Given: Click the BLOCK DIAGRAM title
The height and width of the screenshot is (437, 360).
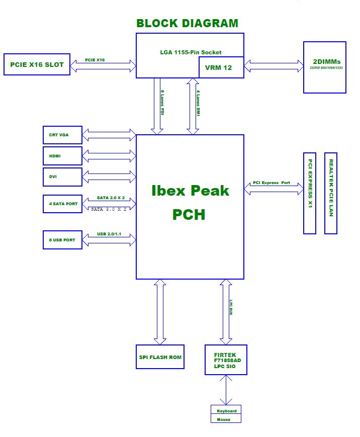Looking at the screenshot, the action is [x=187, y=23].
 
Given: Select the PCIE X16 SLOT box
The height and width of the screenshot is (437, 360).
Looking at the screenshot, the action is [x=37, y=64].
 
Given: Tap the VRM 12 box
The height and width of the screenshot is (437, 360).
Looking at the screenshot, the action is [x=221, y=67].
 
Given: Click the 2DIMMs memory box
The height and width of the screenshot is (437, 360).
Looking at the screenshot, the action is [x=325, y=67].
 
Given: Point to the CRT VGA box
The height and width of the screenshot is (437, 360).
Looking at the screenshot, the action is [x=62, y=135].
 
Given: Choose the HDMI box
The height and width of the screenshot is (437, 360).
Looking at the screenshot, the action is [x=62, y=156].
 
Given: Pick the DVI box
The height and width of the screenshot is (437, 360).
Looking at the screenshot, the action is [x=62, y=177].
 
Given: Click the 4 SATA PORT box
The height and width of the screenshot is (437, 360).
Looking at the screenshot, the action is [x=62, y=204].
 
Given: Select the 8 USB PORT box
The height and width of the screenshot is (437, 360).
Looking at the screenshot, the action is [x=62, y=240].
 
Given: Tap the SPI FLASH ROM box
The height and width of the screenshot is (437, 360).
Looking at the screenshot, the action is [x=160, y=357].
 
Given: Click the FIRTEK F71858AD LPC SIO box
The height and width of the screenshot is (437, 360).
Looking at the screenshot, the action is [x=226, y=360].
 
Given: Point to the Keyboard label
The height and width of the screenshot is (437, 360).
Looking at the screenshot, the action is [x=227, y=411].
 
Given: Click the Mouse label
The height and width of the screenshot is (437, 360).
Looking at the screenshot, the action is [x=223, y=419].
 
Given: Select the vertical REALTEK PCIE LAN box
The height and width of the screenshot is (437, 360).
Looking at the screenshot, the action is [x=331, y=193].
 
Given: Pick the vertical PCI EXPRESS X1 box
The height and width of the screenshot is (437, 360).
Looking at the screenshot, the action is [x=310, y=193].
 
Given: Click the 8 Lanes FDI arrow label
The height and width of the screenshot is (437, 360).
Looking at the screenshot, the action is [x=162, y=102].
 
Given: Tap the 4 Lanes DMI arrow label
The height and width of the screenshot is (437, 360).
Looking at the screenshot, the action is [x=198, y=103].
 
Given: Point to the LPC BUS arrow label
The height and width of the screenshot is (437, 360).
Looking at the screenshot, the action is [x=231, y=307].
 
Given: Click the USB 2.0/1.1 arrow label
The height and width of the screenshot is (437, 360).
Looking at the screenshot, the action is [x=109, y=234].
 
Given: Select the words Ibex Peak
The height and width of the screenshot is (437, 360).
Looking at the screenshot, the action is [x=190, y=191].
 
